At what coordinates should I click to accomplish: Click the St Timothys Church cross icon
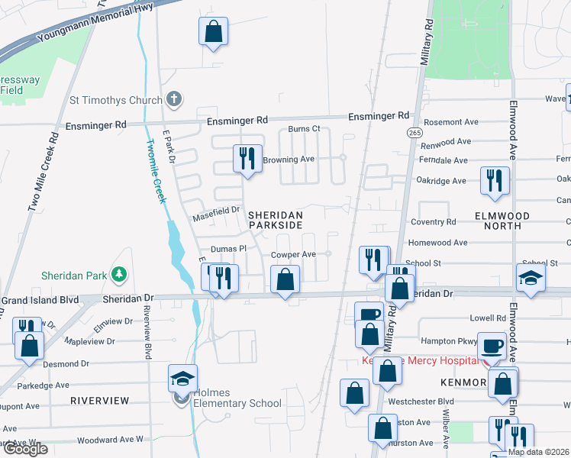(x=174, y=100)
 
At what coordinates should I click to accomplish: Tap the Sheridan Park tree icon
(x=118, y=273)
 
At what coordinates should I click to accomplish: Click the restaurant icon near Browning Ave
(x=247, y=158)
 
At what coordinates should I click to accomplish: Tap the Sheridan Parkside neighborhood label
(x=276, y=221)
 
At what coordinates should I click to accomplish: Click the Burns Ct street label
(x=304, y=129)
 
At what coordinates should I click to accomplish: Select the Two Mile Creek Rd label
(x=44, y=173)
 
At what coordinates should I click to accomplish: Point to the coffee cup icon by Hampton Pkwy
(x=492, y=346)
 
